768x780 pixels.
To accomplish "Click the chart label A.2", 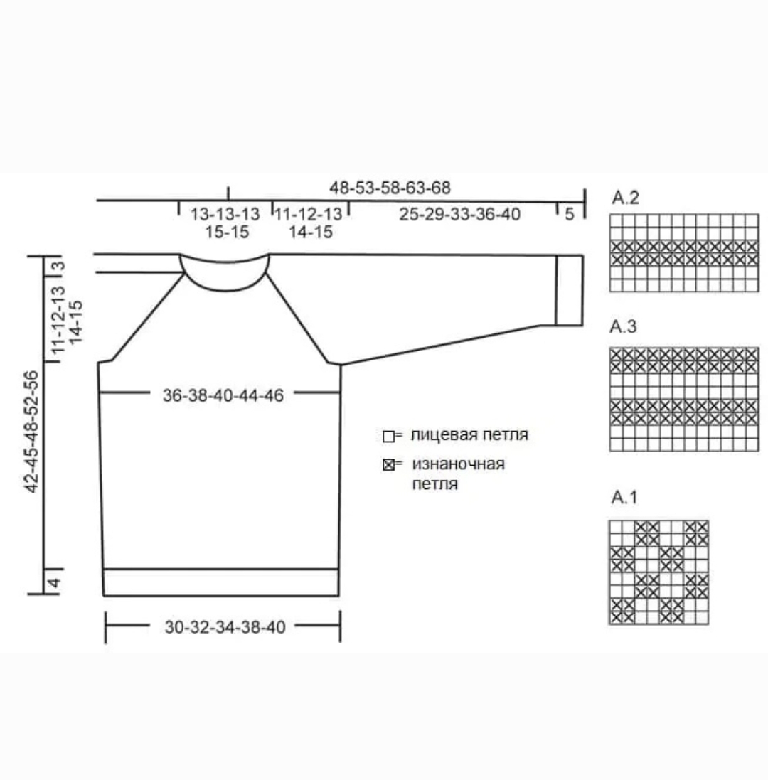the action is coord(625,198).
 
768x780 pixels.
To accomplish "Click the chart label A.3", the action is coord(623,327).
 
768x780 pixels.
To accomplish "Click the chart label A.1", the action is coord(624,497).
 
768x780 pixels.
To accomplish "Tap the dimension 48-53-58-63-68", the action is coord(390,188).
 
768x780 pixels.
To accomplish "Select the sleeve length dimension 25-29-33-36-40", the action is coord(459,215).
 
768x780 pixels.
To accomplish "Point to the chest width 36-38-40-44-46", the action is coord(223,395).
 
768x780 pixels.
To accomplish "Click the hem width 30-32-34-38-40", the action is coord(225,627).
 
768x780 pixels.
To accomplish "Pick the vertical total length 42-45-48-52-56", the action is coord(31,432).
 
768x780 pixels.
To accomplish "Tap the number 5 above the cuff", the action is coord(570,215).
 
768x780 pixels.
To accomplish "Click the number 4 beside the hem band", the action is coord(54,582).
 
